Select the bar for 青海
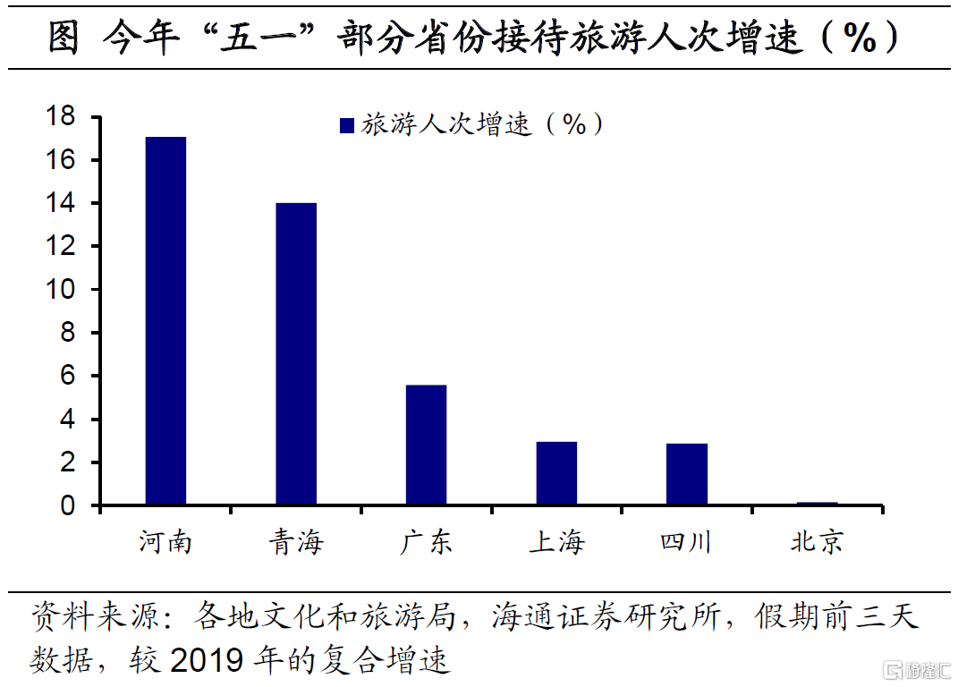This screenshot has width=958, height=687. (x=296, y=353)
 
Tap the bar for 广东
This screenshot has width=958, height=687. (x=426, y=445)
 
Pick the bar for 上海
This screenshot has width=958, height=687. (x=556, y=473)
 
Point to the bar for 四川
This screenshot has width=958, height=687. (x=687, y=474)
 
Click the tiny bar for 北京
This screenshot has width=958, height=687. (x=818, y=504)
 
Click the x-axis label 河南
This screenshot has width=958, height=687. (x=165, y=541)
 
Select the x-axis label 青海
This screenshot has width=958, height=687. (x=296, y=541)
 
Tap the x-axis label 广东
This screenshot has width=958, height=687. (x=426, y=541)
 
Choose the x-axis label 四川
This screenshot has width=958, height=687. (x=686, y=541)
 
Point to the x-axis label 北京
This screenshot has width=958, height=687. (x=817, y=541)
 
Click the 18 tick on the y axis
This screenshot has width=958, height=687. (x=65, y=117)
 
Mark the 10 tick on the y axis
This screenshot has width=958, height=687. (x=65, y=290)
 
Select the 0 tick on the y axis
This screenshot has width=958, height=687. (x=72, y=506)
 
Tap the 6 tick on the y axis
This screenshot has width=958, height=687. (x=72, y=377)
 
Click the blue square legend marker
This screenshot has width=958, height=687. (x=347, y=126)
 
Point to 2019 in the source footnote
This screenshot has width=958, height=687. (x=209, y=659)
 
